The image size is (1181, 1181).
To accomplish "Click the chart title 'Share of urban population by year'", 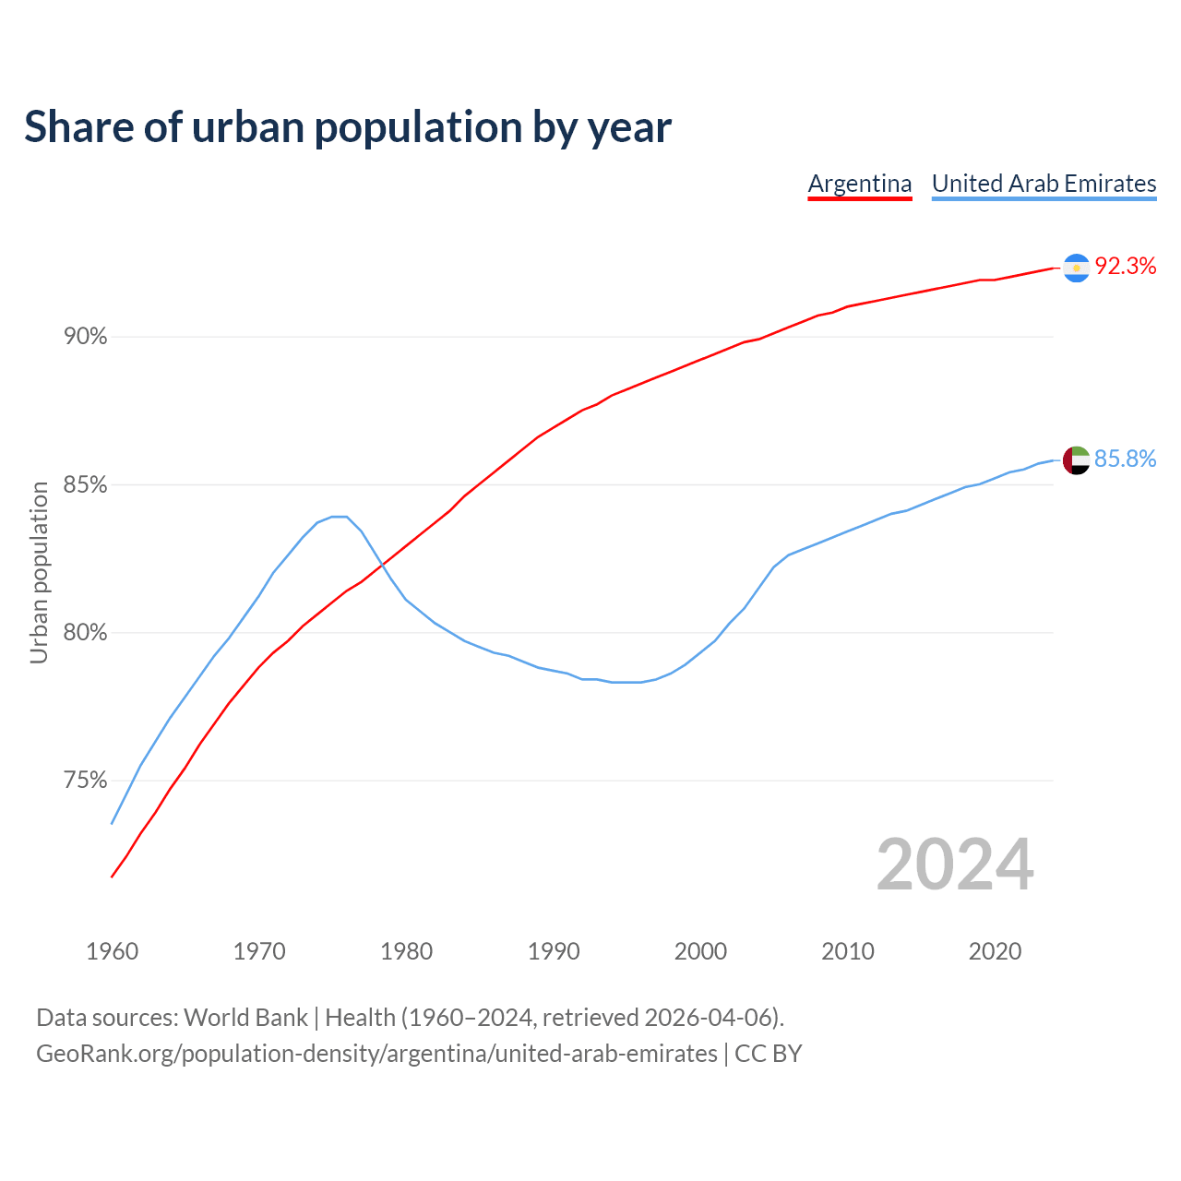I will click(348, 127).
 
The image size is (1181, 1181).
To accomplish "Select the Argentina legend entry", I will click(860, 184).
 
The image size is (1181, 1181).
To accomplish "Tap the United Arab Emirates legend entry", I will click(1044, 184).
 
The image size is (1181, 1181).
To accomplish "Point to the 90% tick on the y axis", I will click(86, 337).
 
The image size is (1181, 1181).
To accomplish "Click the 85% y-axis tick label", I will click(86, 485).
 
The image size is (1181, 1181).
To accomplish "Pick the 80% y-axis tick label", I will click(86, 633).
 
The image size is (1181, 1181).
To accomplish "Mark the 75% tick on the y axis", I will click(86, 781).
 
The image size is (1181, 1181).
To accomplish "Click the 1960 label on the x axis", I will click(113, 951).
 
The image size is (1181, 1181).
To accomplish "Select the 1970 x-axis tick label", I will click(259, 951).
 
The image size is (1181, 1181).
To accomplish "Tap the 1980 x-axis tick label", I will click(407, 951).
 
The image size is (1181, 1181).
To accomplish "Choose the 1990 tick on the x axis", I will click(554, 951).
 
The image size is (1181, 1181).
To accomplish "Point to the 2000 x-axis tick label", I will click(701, 951).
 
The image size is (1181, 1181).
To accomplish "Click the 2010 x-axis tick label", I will click(848, 951).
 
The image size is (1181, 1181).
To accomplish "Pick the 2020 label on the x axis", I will click(996, 951).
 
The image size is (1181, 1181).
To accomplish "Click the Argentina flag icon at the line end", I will click(1076, 268).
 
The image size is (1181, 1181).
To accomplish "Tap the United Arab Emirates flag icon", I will click(1076, 459).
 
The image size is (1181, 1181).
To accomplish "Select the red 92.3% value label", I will click(1126, 267).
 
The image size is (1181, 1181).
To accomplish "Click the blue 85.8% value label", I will click(1126, 459).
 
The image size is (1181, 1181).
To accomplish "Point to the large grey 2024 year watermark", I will click(955, 865).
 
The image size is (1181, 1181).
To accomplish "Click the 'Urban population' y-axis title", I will click(39, 572).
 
